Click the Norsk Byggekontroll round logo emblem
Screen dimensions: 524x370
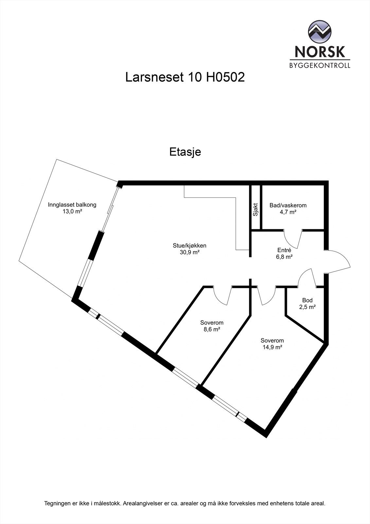tap(320, 31)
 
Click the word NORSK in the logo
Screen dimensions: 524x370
tap(320, 51)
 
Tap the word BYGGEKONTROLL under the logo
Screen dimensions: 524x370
tap(320, 65)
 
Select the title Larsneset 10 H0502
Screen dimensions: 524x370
tap(185, 78)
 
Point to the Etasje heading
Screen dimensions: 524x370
tap(185, 152)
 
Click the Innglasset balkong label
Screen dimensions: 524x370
tap(72, 205)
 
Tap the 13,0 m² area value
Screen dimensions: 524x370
tap(72, 212)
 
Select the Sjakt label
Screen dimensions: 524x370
tap(255, 210)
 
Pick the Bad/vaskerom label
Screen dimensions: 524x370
tap(288, 205)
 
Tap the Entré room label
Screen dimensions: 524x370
tap(284, 251)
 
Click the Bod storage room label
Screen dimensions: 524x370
tap(307, 300)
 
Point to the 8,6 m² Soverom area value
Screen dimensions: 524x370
tap(212, 330)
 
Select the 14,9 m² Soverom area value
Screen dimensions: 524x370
tap(272, 347)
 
